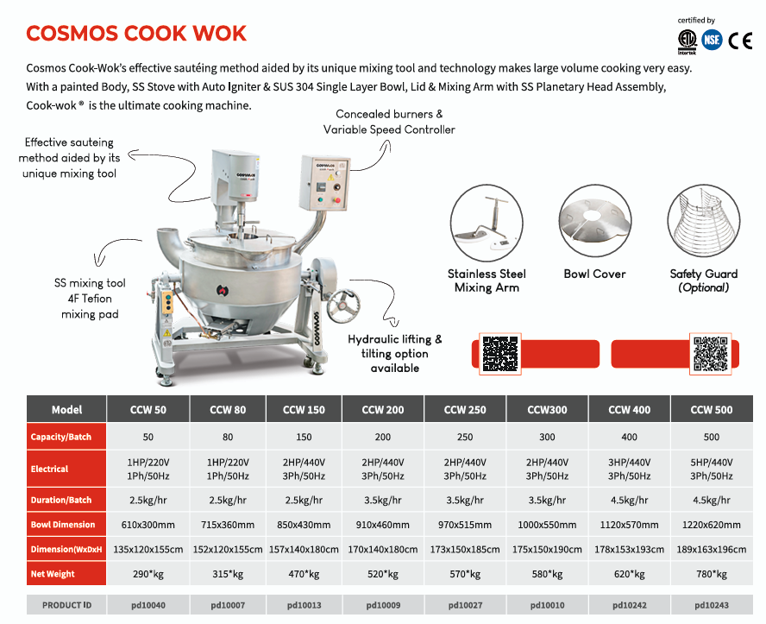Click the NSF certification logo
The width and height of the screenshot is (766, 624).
(712, 40)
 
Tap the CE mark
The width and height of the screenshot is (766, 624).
(740, 41)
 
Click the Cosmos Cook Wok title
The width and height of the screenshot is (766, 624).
(136, 33)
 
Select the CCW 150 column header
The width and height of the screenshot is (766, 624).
(304, 409)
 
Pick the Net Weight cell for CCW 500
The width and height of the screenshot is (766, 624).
(712, 574)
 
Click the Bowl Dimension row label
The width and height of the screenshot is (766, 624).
(63, 525)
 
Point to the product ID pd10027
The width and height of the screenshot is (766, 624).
(465, 605)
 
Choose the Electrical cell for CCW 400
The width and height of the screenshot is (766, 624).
(629, 470)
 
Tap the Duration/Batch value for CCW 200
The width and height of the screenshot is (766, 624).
(383, 500)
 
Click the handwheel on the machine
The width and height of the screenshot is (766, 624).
(343, 306)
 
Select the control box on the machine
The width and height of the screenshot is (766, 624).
(325, 182)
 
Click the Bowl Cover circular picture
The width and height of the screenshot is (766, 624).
(595, 221)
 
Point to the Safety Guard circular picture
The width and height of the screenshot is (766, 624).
(704, 221)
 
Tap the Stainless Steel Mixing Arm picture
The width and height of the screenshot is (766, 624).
(487, 221)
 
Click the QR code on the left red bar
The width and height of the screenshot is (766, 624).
(499, 354)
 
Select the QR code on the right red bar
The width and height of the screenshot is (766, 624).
(711, 354)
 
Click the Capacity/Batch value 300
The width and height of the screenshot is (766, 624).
(547, 437)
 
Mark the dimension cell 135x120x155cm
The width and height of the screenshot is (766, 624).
(148, 549)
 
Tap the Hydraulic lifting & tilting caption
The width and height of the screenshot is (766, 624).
(395, 353)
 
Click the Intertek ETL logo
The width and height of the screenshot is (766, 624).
(688, 41)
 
